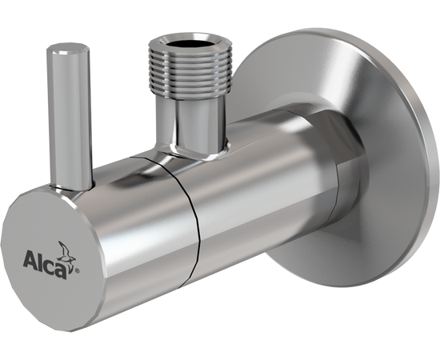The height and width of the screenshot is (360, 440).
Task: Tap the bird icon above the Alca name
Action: [66, 251]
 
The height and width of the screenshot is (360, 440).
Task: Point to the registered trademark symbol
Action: [78, 270]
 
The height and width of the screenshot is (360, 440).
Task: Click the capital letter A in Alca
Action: [30, 259]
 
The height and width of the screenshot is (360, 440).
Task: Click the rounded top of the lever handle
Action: [68, 50]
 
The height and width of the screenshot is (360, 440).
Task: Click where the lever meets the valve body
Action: [72, 187]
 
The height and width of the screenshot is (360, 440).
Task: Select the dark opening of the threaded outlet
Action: [190, 42]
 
